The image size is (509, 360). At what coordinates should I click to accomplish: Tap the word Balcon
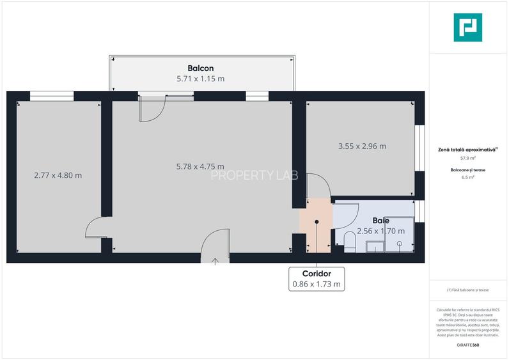200,68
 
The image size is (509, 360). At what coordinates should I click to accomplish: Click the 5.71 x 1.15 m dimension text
200,79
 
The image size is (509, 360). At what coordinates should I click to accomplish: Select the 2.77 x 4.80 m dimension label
58,175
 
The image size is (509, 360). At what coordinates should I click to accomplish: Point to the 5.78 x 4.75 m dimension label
200,167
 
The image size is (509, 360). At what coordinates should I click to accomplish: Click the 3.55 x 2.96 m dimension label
362,146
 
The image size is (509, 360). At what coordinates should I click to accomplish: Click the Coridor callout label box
317,278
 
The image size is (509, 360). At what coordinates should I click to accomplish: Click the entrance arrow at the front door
215,260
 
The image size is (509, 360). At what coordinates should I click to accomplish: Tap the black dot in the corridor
316,223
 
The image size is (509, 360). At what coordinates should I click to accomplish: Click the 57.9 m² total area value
465,157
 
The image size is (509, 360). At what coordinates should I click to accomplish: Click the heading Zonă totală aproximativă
465,148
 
